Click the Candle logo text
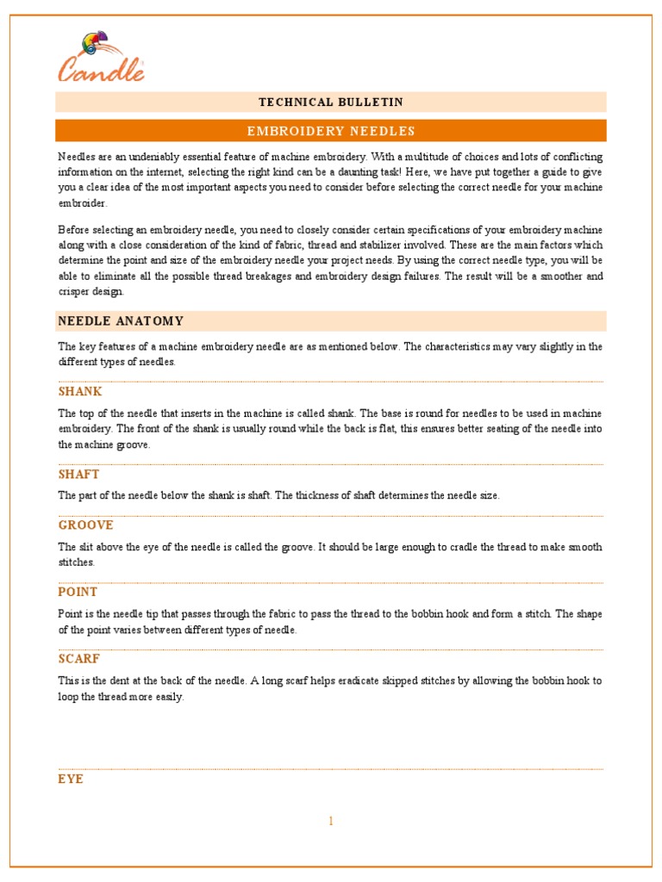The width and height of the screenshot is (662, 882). [101, 69]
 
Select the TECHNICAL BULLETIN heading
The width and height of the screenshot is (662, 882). [331, 102]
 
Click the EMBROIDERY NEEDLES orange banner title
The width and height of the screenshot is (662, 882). [331, 131]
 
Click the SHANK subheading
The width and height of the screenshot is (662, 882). [80, 392]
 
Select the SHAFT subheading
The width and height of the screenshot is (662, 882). [78, 475]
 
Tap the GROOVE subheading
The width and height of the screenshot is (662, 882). [85, 525]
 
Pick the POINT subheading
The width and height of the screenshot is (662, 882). [78, 593]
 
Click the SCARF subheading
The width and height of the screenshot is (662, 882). [79, 659]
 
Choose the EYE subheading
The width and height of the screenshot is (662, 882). [71, 779]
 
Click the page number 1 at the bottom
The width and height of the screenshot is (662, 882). [330, 821]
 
